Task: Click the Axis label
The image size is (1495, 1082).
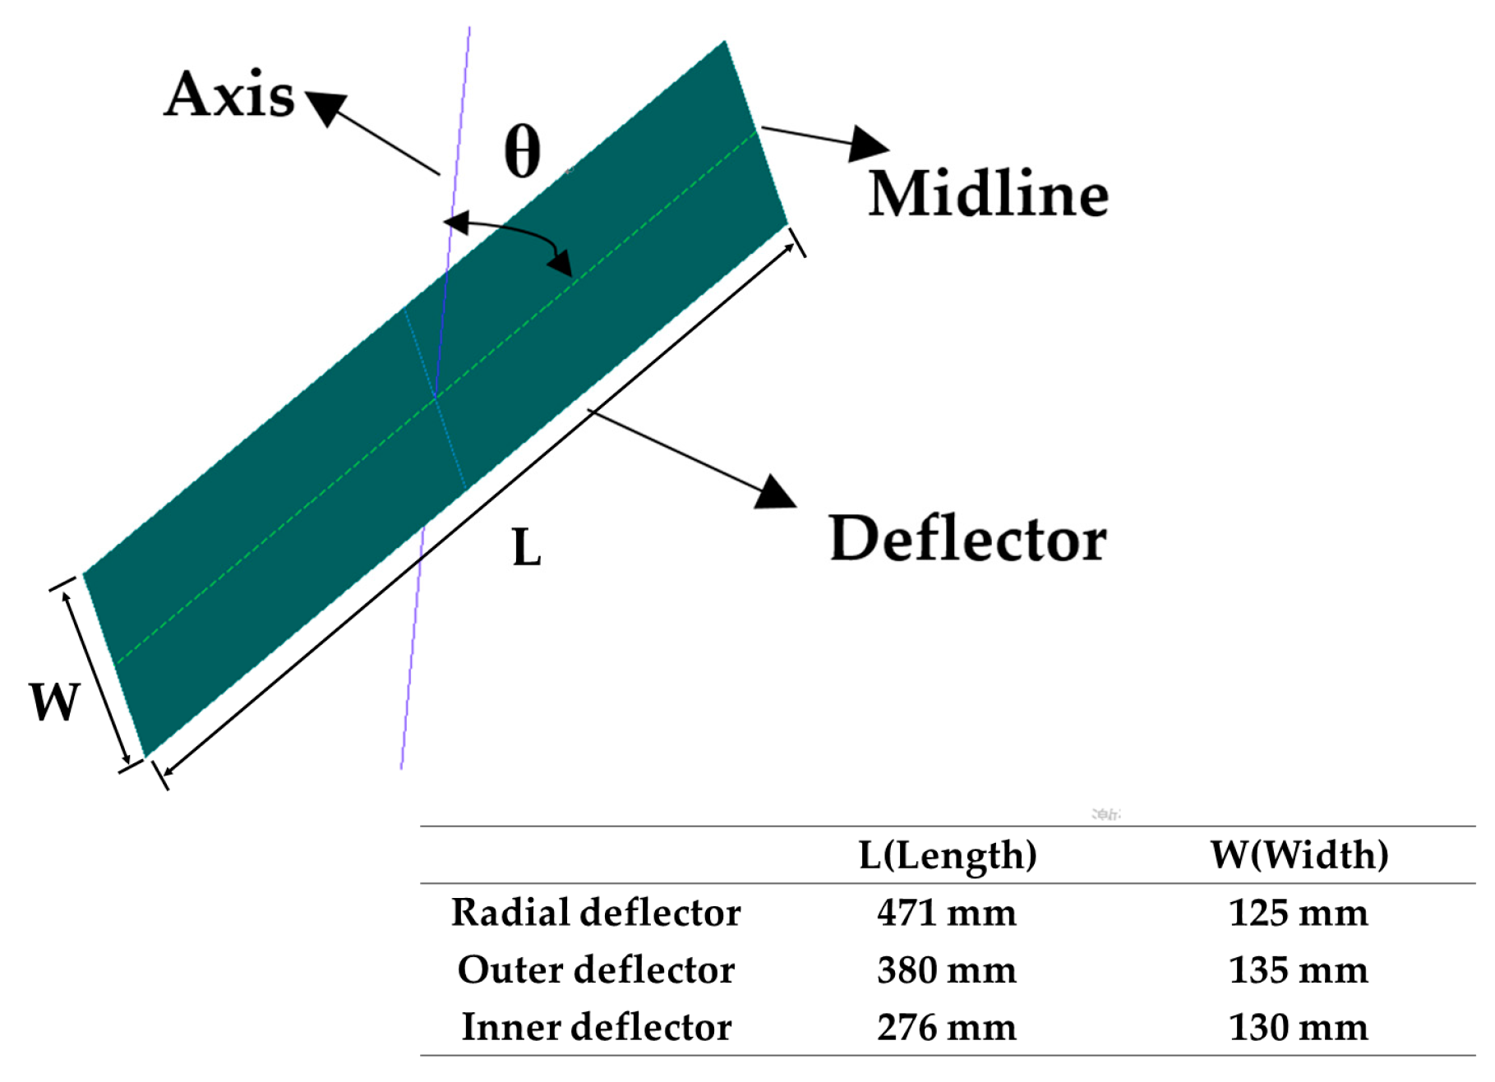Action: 229,94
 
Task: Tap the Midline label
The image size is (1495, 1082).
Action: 988,195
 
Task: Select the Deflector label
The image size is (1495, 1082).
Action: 967,539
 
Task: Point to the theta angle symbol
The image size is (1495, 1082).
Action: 523,151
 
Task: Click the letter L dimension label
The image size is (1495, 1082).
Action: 526,548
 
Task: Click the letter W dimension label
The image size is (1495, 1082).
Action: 54,702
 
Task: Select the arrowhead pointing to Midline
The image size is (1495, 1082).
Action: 867,144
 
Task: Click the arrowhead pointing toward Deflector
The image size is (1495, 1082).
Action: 774,492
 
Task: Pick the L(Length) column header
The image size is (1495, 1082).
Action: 947,855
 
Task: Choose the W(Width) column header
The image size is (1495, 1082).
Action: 1299,855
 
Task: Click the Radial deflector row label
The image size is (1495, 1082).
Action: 596,913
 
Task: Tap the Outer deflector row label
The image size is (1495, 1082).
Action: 596,970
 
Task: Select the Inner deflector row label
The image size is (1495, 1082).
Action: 596,1027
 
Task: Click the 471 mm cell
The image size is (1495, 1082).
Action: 947,913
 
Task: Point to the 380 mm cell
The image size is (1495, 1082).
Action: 947,970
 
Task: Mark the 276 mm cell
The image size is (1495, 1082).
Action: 947,1027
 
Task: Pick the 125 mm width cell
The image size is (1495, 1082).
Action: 1299,913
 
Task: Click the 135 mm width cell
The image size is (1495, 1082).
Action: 1299,970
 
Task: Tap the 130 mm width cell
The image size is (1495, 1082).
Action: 1299,1027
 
